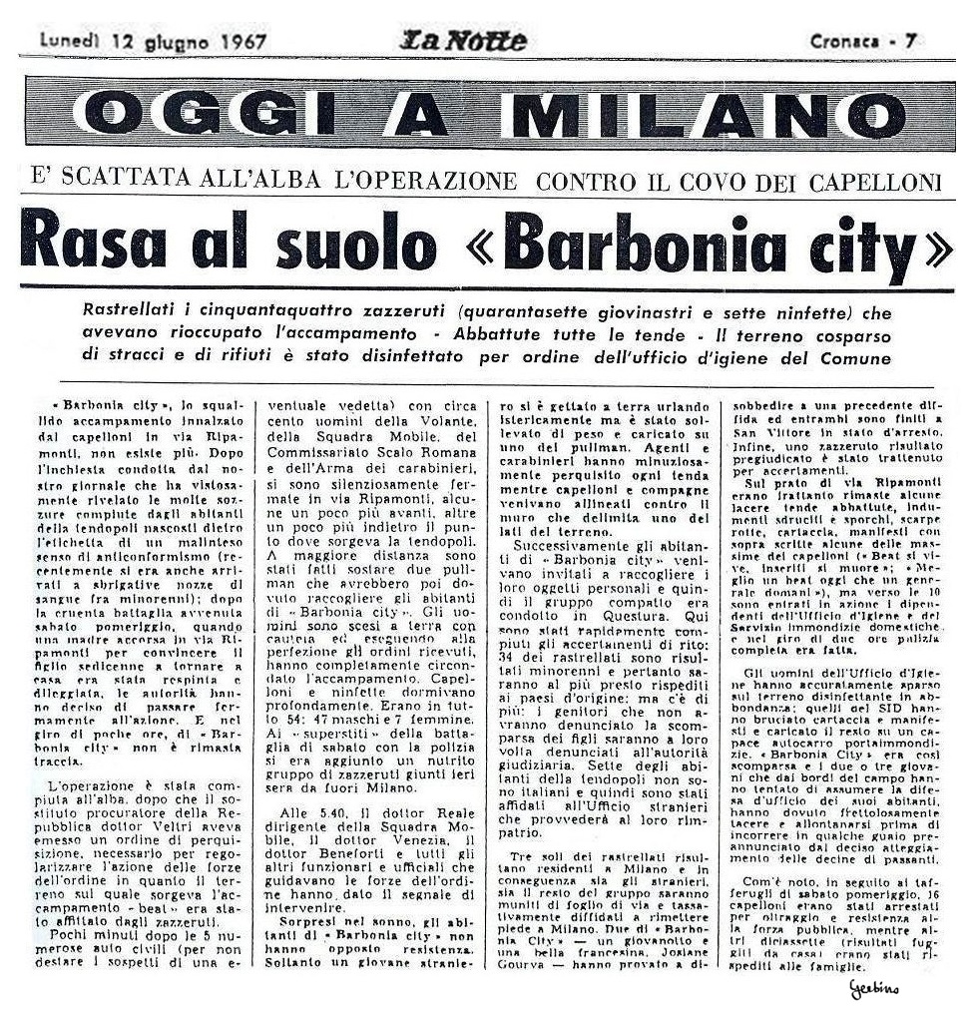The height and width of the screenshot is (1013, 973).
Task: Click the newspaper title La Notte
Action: [463, 41]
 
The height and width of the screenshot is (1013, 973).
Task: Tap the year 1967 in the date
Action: [238, 42]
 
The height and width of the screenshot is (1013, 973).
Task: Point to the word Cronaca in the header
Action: [844, 42]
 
